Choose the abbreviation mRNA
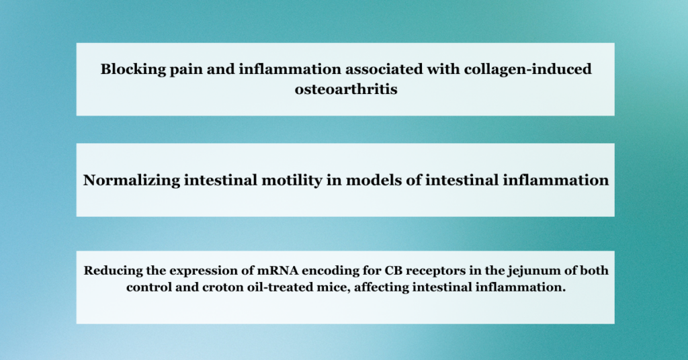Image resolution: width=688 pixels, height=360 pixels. coord(265,271)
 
